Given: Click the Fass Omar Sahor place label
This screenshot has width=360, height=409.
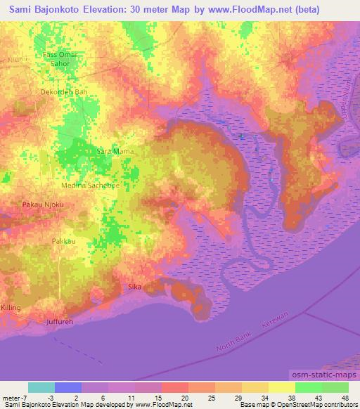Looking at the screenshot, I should point(60,58).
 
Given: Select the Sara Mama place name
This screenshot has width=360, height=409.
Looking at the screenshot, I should point(114,150).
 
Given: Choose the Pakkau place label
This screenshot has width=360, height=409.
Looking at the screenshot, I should point(63,241).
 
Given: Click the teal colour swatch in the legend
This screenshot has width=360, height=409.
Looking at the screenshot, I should point(41,387).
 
